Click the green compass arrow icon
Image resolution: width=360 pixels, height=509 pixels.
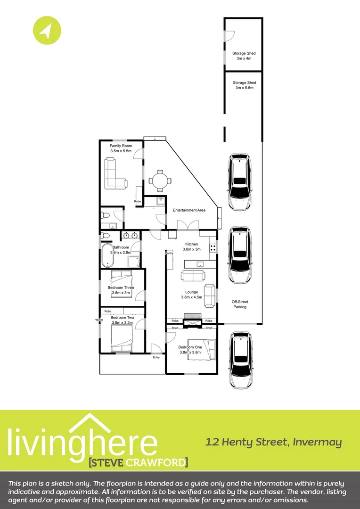[x=47, y=31]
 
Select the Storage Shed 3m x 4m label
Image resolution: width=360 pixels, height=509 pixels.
[x=244, y=56]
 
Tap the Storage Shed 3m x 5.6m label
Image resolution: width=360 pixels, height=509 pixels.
[x=244, y=85]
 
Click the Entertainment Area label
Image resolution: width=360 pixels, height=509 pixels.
[x=189, y=210]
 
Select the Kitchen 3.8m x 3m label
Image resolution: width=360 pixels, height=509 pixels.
[x=192, y=246]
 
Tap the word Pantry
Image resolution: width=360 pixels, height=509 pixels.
[x=169, y=254]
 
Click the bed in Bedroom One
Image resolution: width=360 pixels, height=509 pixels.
[x=201, y=349]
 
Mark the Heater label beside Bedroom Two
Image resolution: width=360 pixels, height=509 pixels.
[x=98, y=320]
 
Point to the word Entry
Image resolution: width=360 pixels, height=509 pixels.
[x=156, y=357]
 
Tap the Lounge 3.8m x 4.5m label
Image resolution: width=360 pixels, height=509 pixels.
[x=192, y=295]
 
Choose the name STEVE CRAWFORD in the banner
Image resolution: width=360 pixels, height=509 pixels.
[x=138, y=461]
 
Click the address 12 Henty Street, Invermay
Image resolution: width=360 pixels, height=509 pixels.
[x=273, y=442]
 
